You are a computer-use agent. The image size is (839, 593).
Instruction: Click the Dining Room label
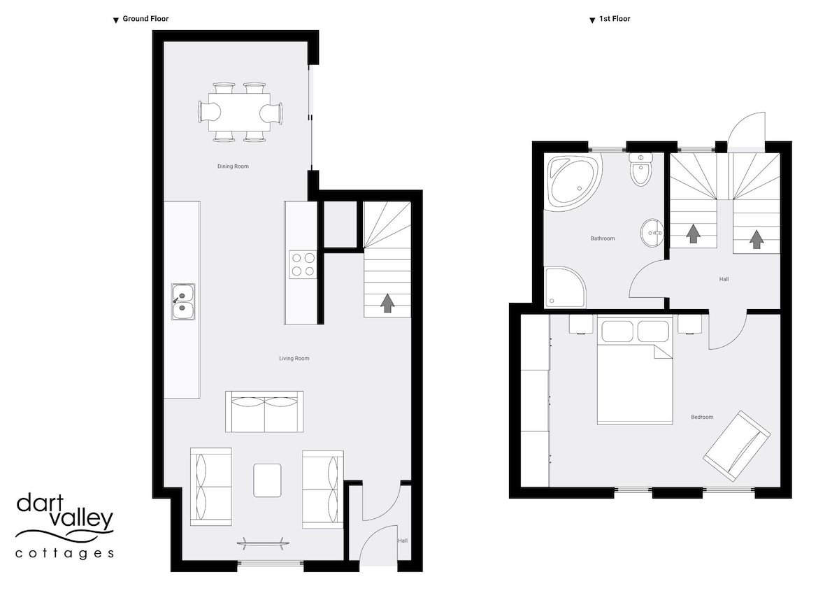[233, 166]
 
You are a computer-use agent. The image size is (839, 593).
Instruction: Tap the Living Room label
[294, 359]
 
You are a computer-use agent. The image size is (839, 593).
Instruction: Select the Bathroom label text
[603, 238]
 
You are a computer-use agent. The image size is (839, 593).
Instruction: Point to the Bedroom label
[702, 417]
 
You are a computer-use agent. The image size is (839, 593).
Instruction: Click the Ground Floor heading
[145, 19]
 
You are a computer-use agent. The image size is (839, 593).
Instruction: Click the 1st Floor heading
[615, 19]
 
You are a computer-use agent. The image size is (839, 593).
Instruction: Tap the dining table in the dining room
[239, 112]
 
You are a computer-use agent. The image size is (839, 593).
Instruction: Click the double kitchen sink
[183, 301]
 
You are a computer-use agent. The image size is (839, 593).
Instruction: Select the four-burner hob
[303, 264]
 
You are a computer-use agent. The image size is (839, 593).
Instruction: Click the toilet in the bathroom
[641, 169]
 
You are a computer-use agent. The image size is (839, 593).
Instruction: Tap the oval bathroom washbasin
[652, 233]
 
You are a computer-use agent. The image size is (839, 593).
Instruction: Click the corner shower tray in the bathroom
[564, 287]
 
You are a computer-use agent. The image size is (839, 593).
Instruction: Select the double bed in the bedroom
[635, 371]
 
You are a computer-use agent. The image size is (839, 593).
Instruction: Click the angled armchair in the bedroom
[737, 445]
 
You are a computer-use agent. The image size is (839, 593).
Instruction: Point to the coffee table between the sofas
[267, 480]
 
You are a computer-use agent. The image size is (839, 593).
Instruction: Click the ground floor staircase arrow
[387, 303]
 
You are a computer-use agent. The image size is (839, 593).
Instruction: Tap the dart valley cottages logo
[64, 526]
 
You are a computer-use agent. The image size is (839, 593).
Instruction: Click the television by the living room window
[263, 543]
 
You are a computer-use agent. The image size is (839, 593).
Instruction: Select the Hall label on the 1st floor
[724, 279]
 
